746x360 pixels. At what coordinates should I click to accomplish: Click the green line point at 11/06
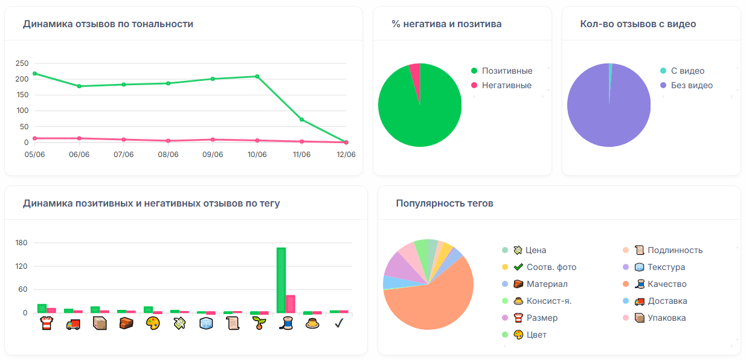pyautogui.click(x=301, y=120)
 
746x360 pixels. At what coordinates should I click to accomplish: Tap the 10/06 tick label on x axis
pyautogui.click(x=257, y=155)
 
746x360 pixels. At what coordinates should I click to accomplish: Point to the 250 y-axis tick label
pyautogui.click(x=22, y=63)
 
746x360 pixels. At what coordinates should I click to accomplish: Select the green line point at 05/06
pyautogui.click(x=34, y=74)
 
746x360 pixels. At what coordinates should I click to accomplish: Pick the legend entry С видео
pyautogui.click(x=687, y=71)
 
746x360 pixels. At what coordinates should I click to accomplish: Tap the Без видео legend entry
pyautogui.click(x=691, y=86)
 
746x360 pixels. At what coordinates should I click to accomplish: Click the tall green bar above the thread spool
pyautogui.click(x=281, y=280)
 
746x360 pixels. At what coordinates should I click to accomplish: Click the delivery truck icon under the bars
pyautogui.click(x=73, y=324)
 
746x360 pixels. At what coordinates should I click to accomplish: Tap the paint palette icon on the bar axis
pyautogui.click(x=153, y=324)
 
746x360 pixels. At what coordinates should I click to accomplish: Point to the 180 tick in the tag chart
pyautogui.click(x=22, y=243)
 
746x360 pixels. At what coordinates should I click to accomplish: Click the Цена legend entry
pyautogui.click(x=535, y=250)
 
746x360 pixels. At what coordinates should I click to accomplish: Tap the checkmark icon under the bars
pyautogui.click(x=339, y=324)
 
